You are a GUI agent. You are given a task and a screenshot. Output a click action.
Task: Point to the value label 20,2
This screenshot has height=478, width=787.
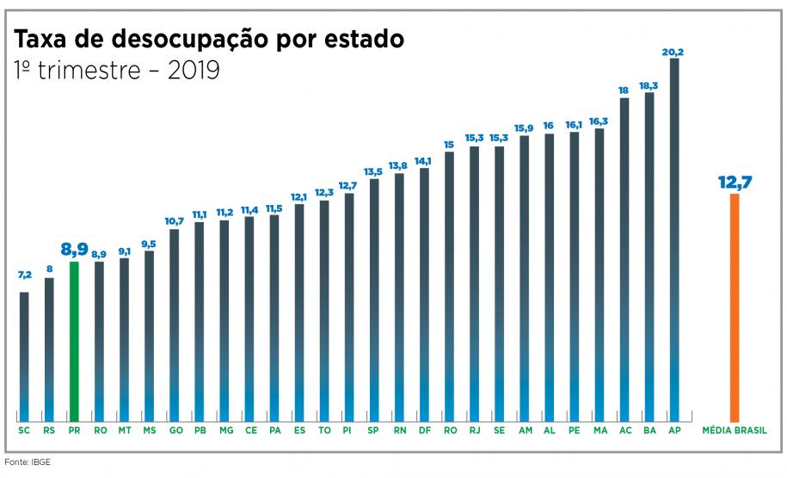point(673,52)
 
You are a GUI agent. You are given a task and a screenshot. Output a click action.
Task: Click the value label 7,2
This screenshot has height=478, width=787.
point(24,275)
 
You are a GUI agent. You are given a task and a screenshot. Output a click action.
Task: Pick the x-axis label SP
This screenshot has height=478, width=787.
point(373,430)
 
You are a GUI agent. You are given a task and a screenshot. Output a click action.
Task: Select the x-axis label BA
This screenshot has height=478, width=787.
point(649,430)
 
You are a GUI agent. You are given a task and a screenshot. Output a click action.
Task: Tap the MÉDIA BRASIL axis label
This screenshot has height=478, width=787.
point(735,430)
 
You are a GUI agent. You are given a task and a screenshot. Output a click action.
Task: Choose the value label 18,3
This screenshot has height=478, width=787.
point(649,85)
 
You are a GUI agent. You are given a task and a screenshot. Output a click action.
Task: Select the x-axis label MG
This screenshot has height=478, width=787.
point(224,430)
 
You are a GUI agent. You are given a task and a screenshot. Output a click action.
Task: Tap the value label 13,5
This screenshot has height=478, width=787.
point(373,171)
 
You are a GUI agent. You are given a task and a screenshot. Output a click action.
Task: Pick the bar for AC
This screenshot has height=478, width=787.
point(624,258)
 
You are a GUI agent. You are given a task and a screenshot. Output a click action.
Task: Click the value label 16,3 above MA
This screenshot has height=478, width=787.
point(599,121)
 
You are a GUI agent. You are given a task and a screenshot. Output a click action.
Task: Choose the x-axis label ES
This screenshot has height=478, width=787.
point(298,430)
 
